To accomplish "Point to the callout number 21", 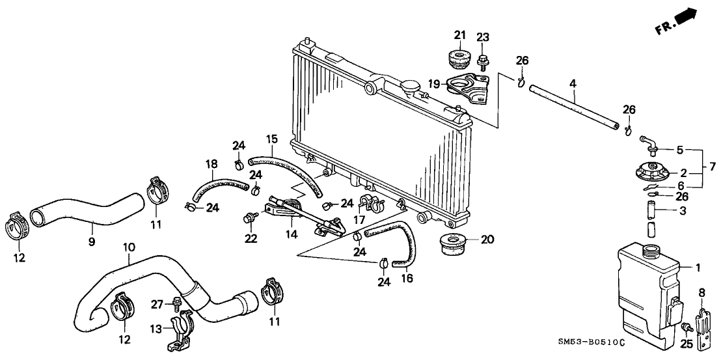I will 461,35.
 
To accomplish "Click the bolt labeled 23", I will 482,62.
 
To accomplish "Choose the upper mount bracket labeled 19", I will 467,89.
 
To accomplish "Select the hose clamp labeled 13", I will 182,327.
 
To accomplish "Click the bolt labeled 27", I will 176,303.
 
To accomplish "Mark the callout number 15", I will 271,139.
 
